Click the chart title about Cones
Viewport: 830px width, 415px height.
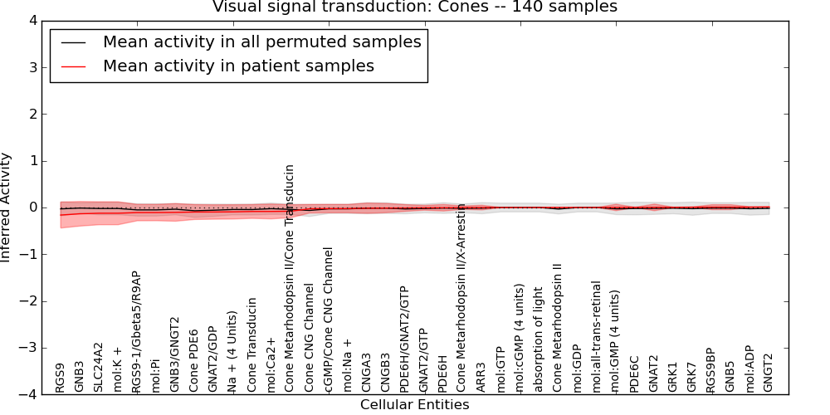point(414,7)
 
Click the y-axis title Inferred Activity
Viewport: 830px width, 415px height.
point(7,207)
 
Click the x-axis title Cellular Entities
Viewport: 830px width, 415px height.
point(414,405)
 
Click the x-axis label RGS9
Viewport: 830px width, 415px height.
point(61,378)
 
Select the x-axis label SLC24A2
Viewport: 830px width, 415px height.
point(98,366)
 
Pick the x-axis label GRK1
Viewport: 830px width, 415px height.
point(672,378)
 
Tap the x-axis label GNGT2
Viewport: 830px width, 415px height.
point(768,373)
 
